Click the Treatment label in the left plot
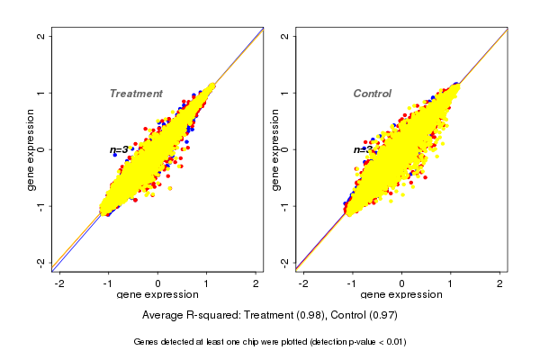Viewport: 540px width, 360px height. pos(136,94)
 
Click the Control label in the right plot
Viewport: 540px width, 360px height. pos(372,94)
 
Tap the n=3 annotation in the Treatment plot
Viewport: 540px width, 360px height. pos(119,149)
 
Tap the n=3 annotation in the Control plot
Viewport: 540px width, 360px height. pos(363,149)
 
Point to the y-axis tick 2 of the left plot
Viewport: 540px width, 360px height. pos(41,36)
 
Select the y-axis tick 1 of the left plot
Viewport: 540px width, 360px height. pos(41,93)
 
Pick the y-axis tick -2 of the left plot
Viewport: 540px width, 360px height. pos(41,262)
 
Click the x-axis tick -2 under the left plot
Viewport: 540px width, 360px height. pos(59,284)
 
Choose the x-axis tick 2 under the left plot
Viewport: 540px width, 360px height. pos(256,284)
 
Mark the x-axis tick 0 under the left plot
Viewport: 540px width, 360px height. pos(157,284)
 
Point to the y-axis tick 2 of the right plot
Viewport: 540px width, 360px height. pos(285,36)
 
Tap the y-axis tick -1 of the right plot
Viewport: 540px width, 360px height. pos(285,205)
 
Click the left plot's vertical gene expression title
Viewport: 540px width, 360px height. pos(31,149)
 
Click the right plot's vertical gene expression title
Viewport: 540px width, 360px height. pos(275,149)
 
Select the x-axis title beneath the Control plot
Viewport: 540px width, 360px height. pos(401,295)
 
